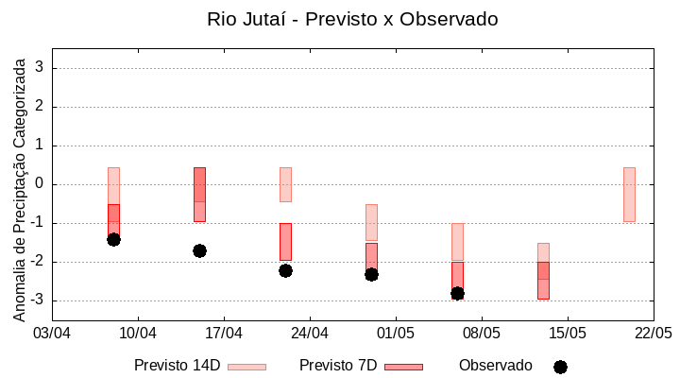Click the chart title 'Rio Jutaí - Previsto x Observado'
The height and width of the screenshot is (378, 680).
[352, 19]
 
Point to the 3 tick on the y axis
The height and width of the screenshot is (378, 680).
[40, 68]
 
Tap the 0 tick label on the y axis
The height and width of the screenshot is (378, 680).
[40, 184]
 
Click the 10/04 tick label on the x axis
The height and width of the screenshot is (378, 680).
[138, 333]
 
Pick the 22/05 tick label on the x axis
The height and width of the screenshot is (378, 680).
[653, 333]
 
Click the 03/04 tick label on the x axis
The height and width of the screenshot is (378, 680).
[52, 333]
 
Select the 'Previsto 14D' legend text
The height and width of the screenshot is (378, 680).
[177, 366]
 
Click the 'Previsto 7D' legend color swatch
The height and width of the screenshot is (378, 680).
[403, 367]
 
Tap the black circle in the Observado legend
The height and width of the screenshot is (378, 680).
[560, 367]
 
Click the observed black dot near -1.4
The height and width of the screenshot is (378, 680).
[113, 239]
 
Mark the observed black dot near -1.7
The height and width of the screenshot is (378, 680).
[199, 250]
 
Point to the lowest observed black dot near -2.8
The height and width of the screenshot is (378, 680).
[457, 293]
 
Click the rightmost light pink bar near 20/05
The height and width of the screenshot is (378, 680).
[629, 194]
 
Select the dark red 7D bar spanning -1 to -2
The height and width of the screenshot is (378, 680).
[285, 241]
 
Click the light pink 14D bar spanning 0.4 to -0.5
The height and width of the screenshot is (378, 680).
[285, 184]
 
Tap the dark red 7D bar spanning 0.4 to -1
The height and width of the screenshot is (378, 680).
[199, 194]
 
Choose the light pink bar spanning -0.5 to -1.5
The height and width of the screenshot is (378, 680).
[371, 222]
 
